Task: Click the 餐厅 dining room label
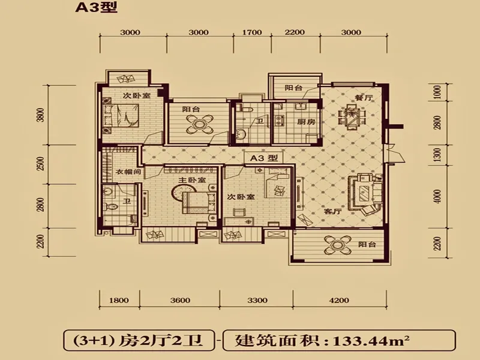pos(364,98)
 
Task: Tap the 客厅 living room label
pos(333,211)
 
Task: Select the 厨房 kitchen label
pos(306,122)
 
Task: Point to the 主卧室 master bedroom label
pos(192,180)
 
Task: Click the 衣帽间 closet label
pos(128,172)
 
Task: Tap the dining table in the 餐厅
pos(352,116)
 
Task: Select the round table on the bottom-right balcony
pos(337,245)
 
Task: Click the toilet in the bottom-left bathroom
pos(111,206)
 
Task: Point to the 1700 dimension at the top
pos(252,32)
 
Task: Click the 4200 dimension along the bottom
pos(339,301)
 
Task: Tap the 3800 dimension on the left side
pos(41,115)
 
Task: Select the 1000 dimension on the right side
pos(437,92)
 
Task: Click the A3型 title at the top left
pos(97,7)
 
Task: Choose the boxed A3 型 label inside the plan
pos(264,158)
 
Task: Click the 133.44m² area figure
pos(371,340)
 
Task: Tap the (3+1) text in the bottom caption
pos(92,340)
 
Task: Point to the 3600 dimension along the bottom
pos(181,301)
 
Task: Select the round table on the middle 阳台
pos(200,124)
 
